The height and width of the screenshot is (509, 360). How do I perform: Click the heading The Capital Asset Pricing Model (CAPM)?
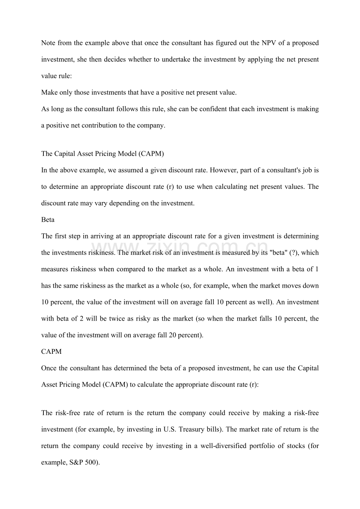102,154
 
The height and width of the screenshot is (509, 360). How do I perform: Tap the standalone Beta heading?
48,220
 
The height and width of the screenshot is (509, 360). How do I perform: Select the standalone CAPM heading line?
51,351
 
